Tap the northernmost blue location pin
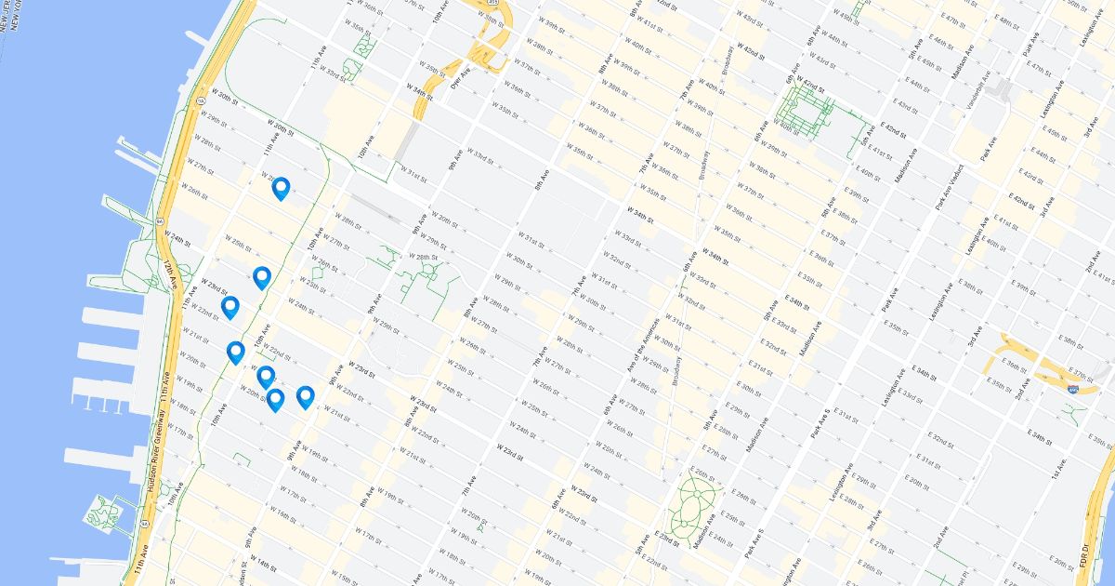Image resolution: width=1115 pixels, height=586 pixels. pyautogui.click(x=280, y=189)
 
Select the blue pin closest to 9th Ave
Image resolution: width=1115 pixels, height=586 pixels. pyautogui.click(x=305, y=397)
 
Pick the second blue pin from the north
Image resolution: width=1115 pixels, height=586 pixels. pyautogui.click(x=262, y=277)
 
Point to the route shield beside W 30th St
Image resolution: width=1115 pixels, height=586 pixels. pyautogui.click(x=200, y=99)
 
